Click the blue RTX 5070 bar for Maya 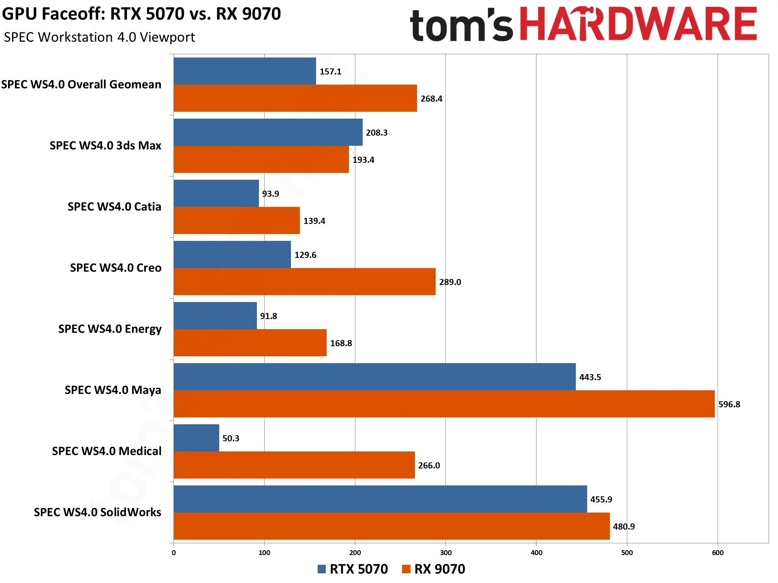pos(374,377)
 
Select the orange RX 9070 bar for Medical pos(294,465)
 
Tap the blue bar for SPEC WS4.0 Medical pos(196,438)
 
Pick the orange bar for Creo pos(304,281)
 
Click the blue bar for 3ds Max pos(268,132)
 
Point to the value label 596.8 pos(729,404)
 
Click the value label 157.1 pos(330,71)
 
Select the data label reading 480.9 pos(624,526)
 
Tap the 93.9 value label pos(270,194)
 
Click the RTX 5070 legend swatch pos(322,569)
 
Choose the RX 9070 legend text pos(440,569)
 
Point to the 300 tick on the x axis pos(446,553)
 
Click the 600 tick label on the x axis pos(718,553)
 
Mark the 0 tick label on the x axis pos(174,553)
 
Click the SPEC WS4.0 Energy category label pos(110,329)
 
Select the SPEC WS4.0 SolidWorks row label pos(98,512)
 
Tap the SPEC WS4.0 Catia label pos(114,206)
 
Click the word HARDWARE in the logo pos(638,24)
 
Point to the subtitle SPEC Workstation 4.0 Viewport pos(99,37)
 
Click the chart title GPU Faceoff pos(141,14)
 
